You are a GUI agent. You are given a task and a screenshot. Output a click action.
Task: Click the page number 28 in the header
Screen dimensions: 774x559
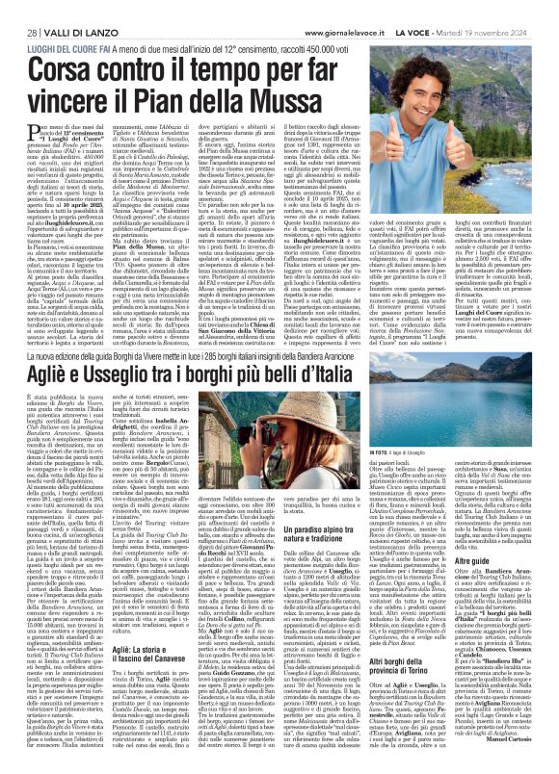(x=19, y=9)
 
